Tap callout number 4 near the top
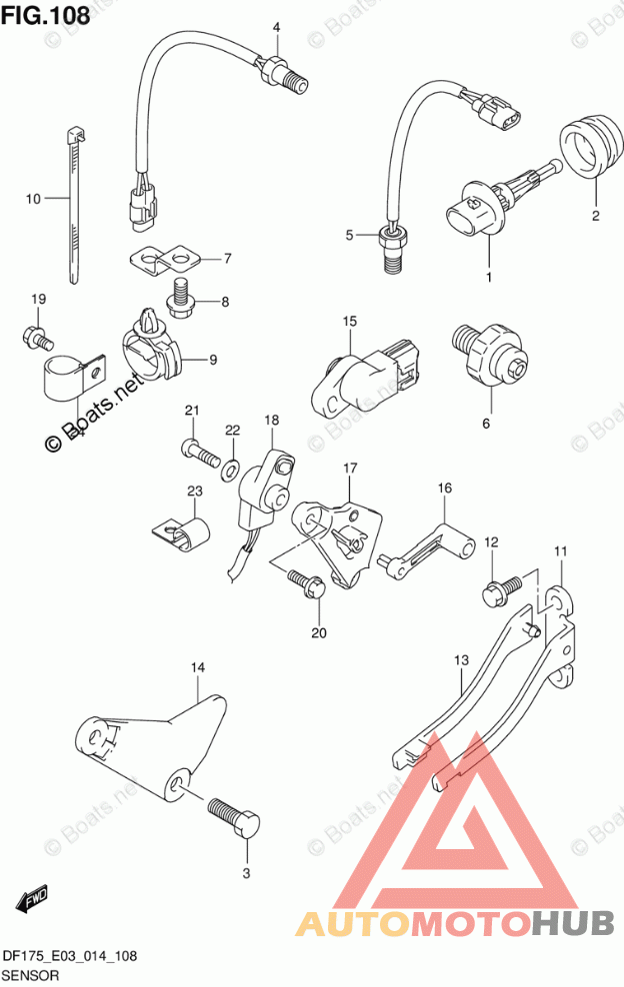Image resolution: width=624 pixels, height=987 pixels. point(277,27)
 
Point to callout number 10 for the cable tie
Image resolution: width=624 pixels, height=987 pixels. point(33,199)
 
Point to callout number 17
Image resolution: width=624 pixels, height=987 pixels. point(350,468)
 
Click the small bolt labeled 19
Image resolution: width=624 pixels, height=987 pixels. point(33,338)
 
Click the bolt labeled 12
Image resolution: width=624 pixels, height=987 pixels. point(501,588)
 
